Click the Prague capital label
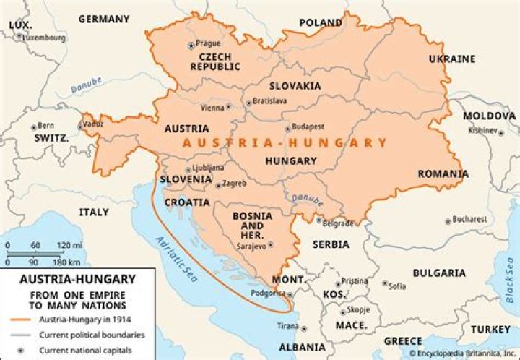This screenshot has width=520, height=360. pos(207,43)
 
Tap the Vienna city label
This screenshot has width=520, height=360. pos(212,108)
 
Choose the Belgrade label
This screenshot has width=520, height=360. pos(337,223)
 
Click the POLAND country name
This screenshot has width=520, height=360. pos(321,23)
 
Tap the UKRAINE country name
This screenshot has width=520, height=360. pos(452,59)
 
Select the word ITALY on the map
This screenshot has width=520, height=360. pos(94,212)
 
